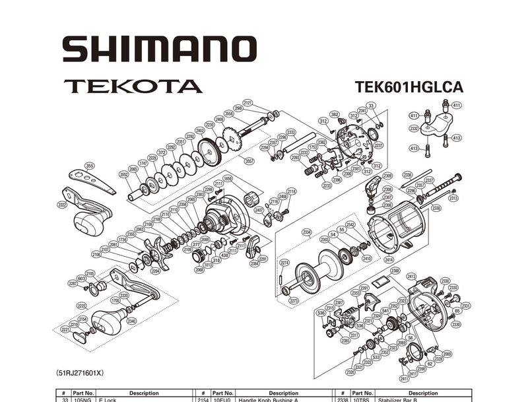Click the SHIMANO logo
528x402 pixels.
(159, 50)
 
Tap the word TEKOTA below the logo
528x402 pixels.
(133, 86)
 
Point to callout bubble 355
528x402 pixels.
(90, 166)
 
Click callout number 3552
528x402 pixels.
(123, 174)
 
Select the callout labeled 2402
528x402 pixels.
(200, 131)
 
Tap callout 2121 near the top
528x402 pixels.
(248, 103)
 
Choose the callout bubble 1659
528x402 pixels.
(228, 179)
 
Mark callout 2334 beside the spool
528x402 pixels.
(306, 232)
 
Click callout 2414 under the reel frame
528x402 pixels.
(389, 259)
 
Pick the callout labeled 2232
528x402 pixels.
(414, 129)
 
